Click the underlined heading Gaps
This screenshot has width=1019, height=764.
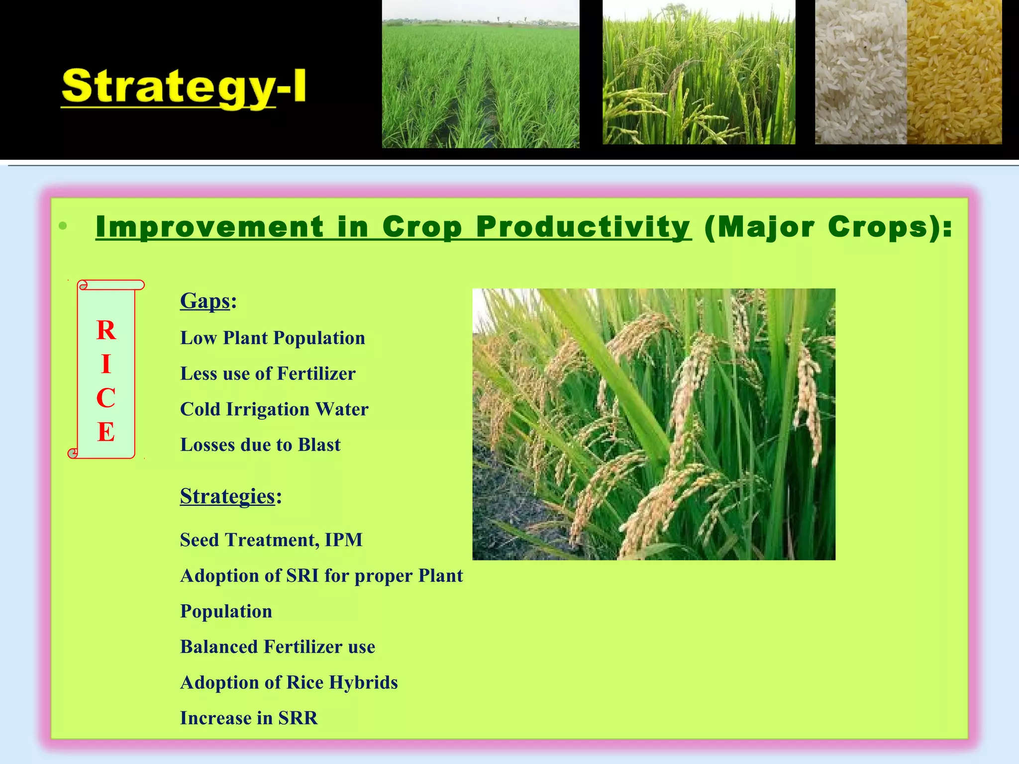point(205,301)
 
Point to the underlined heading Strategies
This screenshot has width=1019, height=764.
point(227,496)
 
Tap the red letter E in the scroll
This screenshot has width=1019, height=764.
point(106,432)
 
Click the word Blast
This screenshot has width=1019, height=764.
point(319,445)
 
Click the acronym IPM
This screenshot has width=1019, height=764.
point(343,540)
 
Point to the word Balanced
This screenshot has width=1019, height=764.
point(219,647)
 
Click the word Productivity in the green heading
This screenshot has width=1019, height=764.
point(583,227)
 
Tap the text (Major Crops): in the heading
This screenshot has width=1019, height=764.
point(828,227)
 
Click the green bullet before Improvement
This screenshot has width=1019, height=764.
point(63,226)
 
